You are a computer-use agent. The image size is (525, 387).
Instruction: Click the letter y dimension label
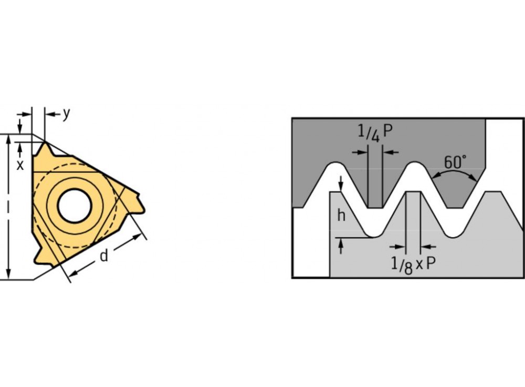coord(66,114)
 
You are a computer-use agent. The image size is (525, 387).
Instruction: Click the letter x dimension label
coord(20,165)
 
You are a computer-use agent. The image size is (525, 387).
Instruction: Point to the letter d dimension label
coord(104,256)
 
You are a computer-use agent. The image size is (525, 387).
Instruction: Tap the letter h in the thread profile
coord(341,215)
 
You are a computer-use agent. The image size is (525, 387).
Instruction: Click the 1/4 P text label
coord(375,133)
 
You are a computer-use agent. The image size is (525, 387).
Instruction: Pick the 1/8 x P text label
coord(414,264)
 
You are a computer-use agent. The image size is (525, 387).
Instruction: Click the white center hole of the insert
coord(75,205)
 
